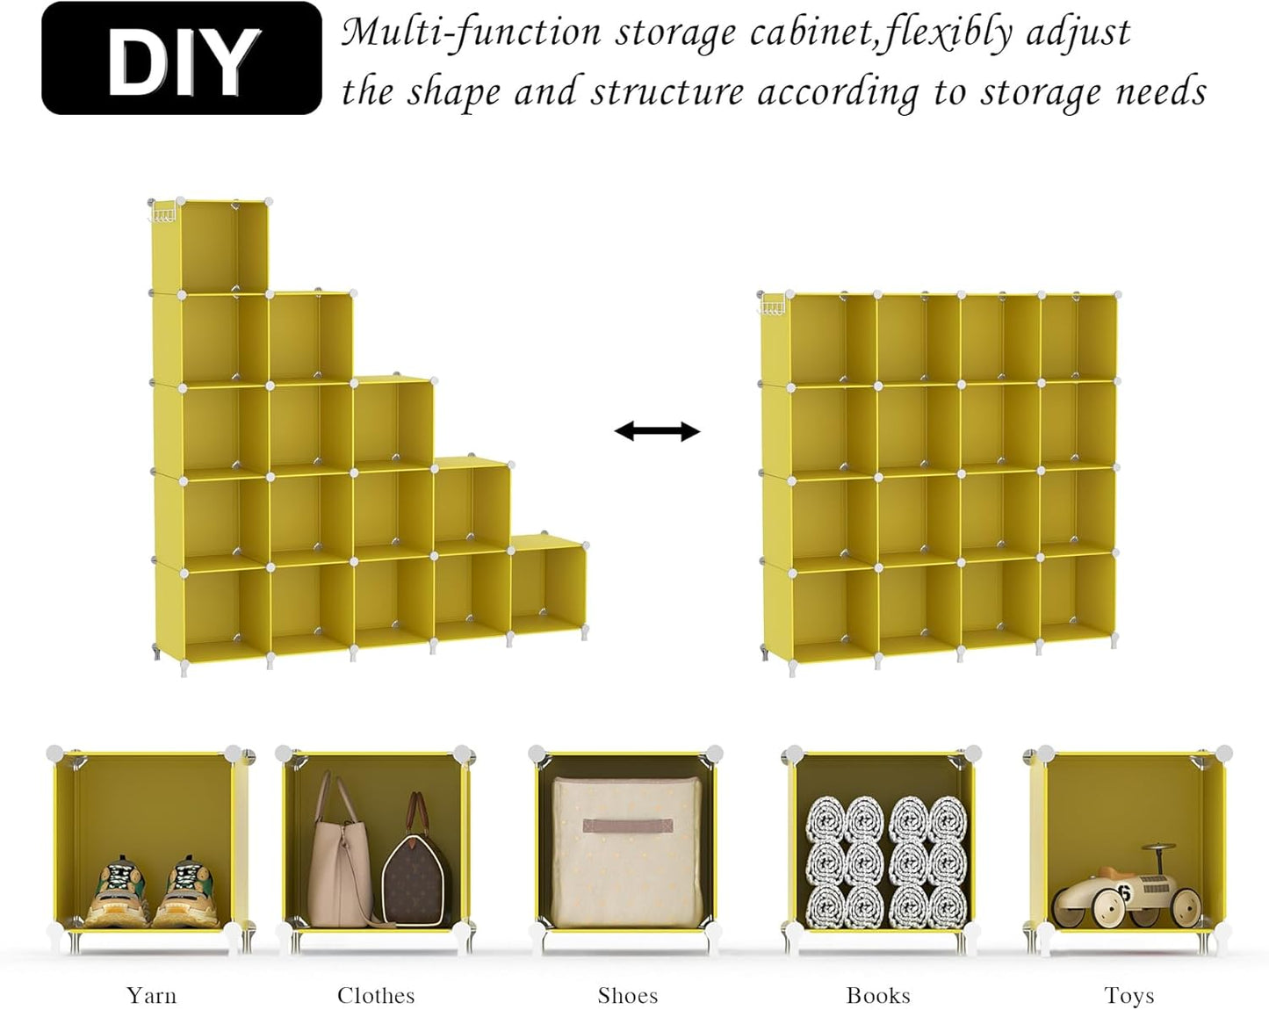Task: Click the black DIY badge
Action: click(182, 59)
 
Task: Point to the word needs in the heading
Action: click(1160, 91)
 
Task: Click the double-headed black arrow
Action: click(657, 431)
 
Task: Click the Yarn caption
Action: click(151, 995)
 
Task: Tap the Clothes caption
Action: click(376, 995)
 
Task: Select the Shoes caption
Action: click(627, 995)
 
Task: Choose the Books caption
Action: click(878, 995)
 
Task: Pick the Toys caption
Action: click(1128, 995)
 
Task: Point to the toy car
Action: click(1128, 891)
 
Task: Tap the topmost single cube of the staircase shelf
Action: click(210, 246)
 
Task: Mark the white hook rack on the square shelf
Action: click(772, 307)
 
